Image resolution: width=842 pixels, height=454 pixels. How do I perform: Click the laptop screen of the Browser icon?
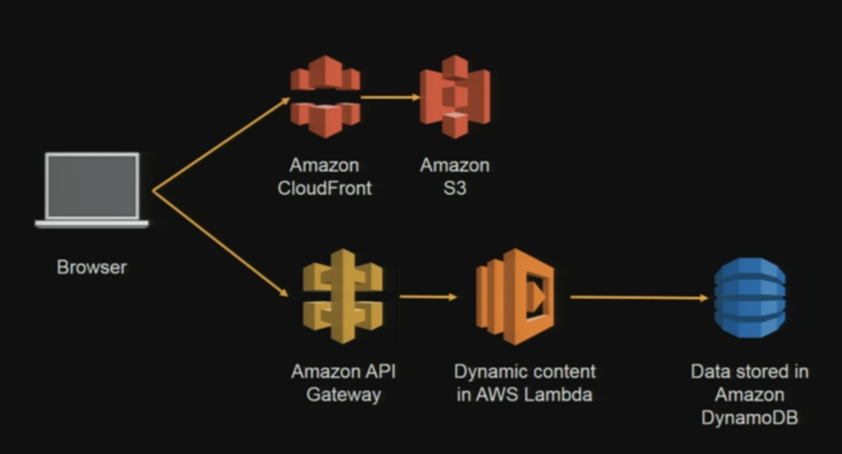coord(92,186)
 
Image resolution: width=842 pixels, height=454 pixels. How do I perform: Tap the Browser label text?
coord(92,267)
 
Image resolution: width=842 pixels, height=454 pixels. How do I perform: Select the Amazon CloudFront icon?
coord(325,96)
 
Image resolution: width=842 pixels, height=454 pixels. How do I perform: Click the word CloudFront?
coord(325,188)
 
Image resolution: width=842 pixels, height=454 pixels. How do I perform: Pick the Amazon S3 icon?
coord(455,97)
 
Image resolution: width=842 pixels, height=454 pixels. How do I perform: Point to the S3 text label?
coord(455,188)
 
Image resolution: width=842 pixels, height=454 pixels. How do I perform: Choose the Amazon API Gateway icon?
coord(343,297)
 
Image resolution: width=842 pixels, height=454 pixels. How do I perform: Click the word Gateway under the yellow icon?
coord(344,394)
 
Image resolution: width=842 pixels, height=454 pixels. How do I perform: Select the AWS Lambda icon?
coord(516,296)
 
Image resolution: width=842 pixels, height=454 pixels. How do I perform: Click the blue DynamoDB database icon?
coord(749,297)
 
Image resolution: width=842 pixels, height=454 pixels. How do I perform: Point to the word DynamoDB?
coord(749,418)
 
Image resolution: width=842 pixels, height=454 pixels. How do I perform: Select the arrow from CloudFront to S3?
coord(390,97)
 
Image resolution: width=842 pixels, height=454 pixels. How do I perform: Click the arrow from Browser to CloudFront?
coord(220,144)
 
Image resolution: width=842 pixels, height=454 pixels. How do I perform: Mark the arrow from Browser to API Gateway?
coord(220,242)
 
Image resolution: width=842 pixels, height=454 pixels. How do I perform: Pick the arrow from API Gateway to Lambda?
coord(428,296)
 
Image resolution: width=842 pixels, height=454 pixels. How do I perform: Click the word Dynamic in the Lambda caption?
coord(488,371)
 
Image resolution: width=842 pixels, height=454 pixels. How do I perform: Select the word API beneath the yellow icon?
coord(379,371)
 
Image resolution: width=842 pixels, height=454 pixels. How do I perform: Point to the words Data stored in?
coord(749,371)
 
